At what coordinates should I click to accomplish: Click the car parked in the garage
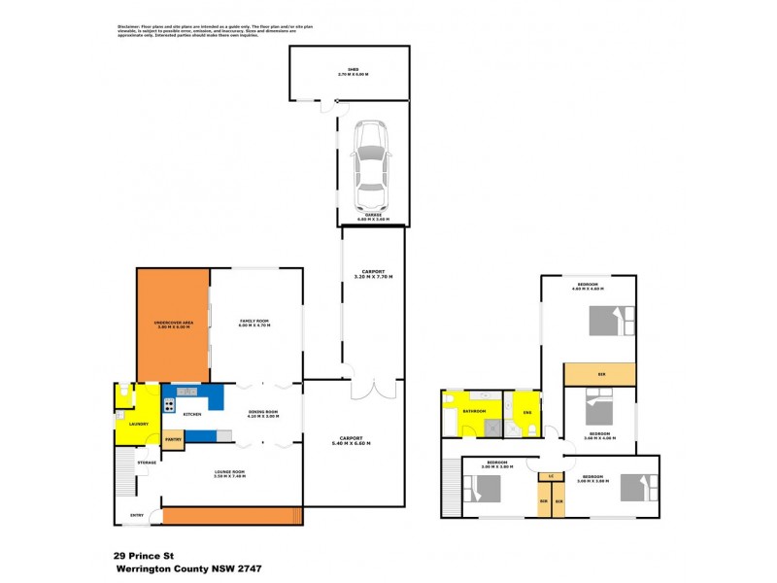click(372, 160)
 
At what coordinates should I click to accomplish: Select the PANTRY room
click(173, 440)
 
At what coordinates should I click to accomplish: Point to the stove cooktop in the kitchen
click(187, 392)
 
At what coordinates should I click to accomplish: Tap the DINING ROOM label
click(262, 413)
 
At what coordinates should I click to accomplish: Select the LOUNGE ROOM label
click(230, 471)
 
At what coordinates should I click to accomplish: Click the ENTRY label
click(123, 516)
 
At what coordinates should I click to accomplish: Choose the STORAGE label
click(147, 462)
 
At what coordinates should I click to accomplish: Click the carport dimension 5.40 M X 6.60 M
click(351, 443)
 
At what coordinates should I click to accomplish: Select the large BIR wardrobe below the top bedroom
click(601, 374)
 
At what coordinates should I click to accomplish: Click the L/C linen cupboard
click(551, 475)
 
